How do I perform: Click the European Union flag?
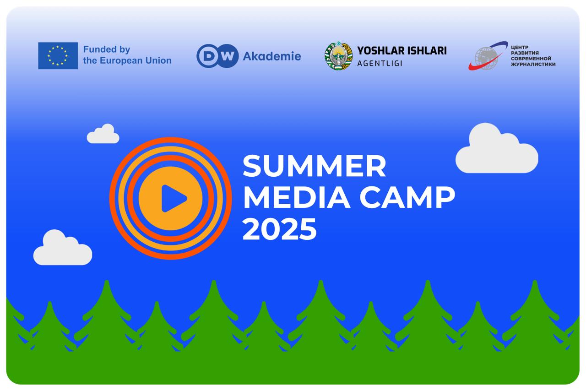click(58, 56)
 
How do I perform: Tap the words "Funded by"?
click(107, 49)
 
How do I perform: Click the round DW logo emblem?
click(217, 56)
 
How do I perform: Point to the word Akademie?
click(271, 56)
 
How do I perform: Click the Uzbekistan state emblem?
click(338, 56)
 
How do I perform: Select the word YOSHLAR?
click(377, 50)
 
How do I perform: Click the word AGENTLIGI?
click(380, 63)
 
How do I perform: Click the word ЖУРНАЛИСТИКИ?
click(533, 65)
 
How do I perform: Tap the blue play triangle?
click(173, 198)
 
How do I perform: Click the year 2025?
click(279, 229)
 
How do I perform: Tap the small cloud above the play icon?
click(103, 135)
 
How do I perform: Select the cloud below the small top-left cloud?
click(62, 249)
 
